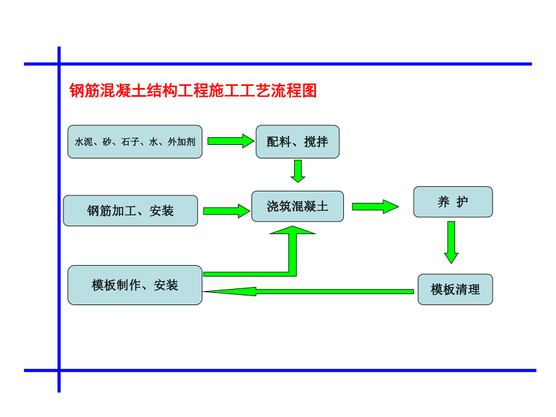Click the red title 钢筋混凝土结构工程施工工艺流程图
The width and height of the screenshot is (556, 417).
click(x=193, y=91)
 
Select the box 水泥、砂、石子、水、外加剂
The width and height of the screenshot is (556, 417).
click(x=134, y=142)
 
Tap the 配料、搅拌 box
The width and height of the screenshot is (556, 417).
click(x=297, y=142)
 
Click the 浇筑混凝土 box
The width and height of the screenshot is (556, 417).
click(x=297, y=206)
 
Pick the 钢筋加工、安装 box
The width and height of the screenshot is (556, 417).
click(x=131, y=211)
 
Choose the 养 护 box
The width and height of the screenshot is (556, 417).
click(x=453, y=202)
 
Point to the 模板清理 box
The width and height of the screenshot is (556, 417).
click(x=455, y=290)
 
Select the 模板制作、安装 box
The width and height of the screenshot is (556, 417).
click(x=134, y=285)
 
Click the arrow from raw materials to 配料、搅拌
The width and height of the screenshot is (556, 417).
click(x=231, y=141)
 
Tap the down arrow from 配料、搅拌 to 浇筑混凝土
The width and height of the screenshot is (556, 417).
click(x=298, y=171)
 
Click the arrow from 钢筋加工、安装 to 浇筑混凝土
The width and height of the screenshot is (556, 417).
click(x=226, y=211)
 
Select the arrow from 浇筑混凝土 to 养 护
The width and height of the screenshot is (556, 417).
click(x=376, y=207)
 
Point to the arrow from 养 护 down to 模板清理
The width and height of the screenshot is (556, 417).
click(x=451, y=242)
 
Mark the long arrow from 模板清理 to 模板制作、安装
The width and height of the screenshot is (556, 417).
click(x=308, y=292)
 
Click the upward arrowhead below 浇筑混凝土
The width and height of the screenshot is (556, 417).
click(x=292, y=231)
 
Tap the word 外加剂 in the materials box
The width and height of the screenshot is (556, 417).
click(x=181, y=142)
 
